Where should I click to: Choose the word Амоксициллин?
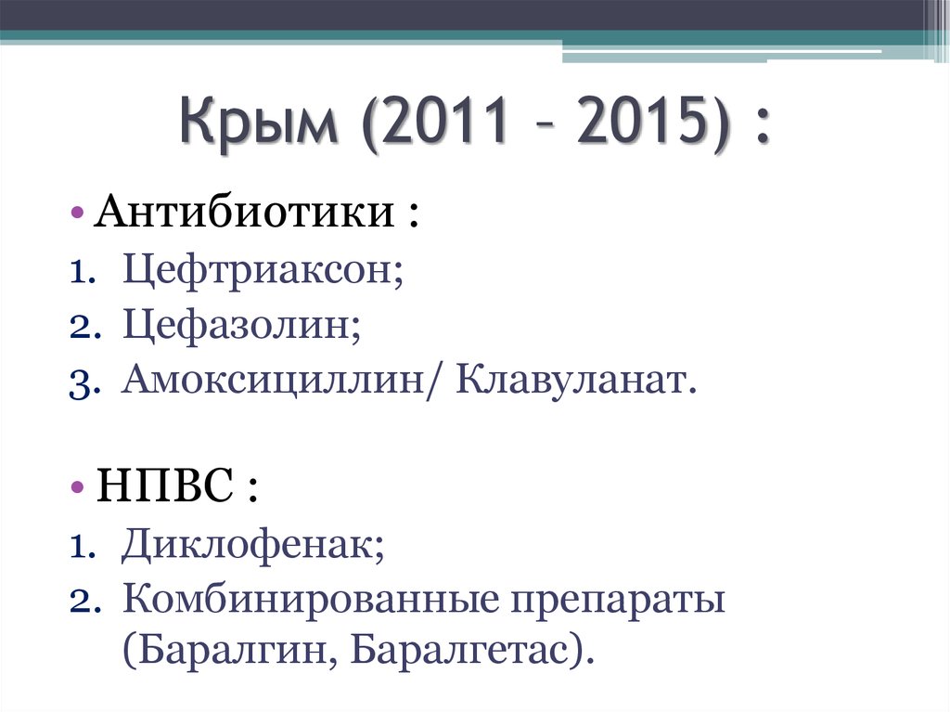click(275, 382)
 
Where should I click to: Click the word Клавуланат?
click(573, 382)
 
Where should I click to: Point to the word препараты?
click(616, 601)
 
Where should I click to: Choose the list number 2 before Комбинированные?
click(76, 602)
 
